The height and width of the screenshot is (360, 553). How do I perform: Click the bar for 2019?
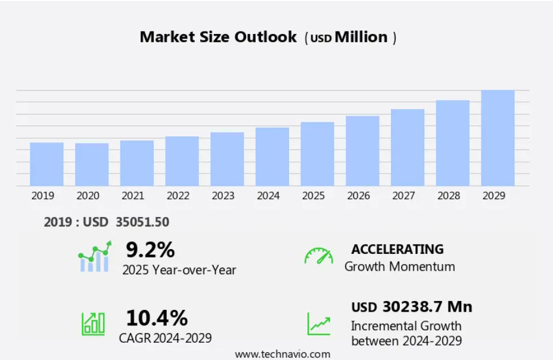point(46,164)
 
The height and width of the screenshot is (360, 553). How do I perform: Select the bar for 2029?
point(498,138)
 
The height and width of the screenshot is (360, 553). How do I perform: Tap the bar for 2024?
point(272,157)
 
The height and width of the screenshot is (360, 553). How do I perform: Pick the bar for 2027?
point(408,147)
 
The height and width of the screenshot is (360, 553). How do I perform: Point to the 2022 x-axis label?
point(178,195)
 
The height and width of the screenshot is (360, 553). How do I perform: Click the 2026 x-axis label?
point(358,195)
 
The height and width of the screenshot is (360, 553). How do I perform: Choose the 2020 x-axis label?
point(88,195)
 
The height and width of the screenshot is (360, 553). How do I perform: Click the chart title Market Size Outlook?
point(218,37)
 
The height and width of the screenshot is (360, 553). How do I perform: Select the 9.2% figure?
point(150,249)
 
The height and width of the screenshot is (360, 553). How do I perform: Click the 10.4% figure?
point(157,318)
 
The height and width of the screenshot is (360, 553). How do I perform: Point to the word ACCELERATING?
point(397,249)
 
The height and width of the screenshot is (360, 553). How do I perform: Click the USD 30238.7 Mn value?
point(412,307)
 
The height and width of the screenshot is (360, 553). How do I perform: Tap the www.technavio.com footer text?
point(282,354)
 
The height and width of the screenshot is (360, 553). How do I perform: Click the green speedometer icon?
point(319,256)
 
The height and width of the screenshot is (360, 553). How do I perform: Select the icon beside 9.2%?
point(94,257)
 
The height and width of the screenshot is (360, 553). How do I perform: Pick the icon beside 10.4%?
point(93,324)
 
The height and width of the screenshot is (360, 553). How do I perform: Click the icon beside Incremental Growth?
point(319,324)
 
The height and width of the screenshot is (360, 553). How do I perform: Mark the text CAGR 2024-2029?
point(166,339)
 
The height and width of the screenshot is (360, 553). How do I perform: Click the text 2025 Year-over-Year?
point(179,270)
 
